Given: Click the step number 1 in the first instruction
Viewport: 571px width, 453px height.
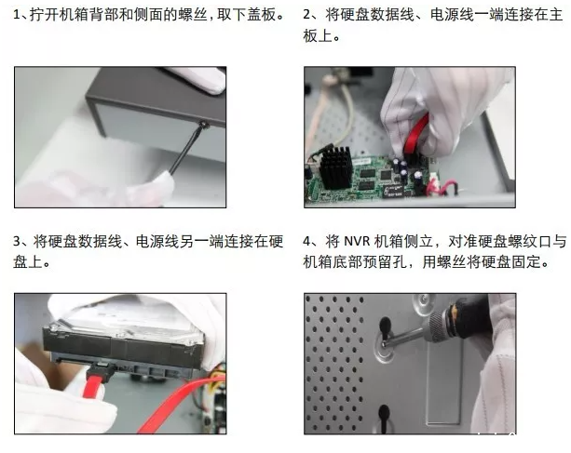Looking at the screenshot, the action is point(16,15).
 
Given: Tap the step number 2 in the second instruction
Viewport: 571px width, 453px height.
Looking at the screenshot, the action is point(307,15).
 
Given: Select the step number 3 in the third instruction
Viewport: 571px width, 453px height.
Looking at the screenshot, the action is point(17,242).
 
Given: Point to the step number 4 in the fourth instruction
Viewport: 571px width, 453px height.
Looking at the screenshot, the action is point(307,242).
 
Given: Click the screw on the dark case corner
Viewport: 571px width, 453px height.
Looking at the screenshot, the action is point(204,125).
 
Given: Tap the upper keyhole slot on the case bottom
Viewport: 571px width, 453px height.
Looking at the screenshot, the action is point(385,327).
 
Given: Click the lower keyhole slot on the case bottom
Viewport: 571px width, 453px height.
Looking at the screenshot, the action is point(384,418).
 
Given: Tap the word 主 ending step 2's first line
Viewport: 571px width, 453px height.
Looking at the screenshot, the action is point(555,15).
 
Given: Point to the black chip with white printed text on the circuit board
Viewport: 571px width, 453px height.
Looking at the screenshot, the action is point(394,191).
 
